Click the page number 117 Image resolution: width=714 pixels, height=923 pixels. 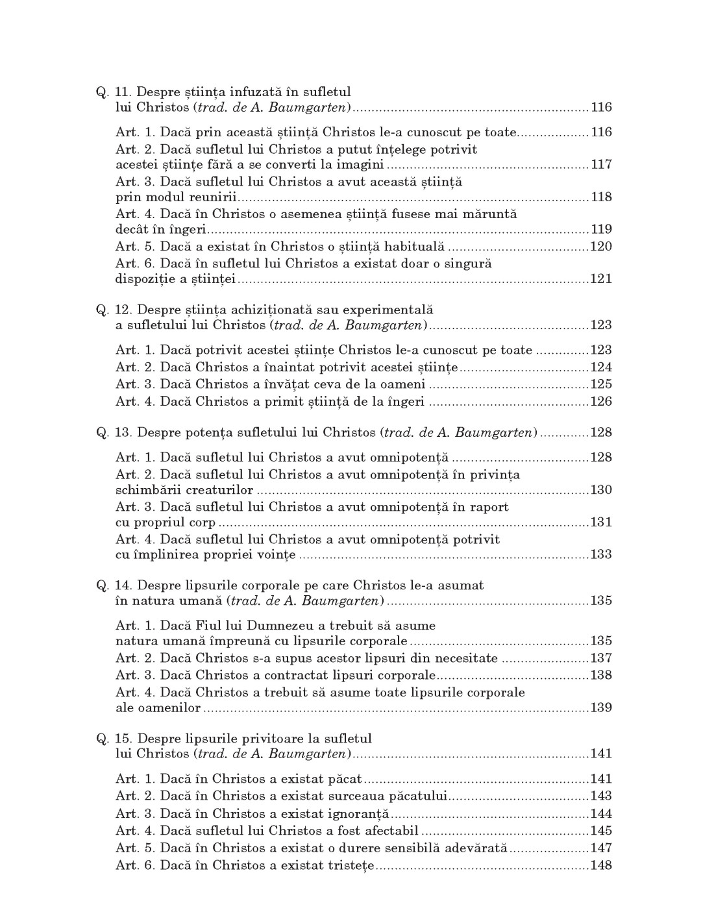[601, 165]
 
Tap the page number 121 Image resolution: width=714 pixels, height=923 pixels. [601, 280]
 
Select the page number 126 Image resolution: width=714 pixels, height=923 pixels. [601, 402]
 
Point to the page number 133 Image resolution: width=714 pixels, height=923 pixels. [601, 555]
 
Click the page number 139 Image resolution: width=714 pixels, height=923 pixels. [601, 708]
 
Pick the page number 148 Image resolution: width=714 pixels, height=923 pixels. [601, 866]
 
